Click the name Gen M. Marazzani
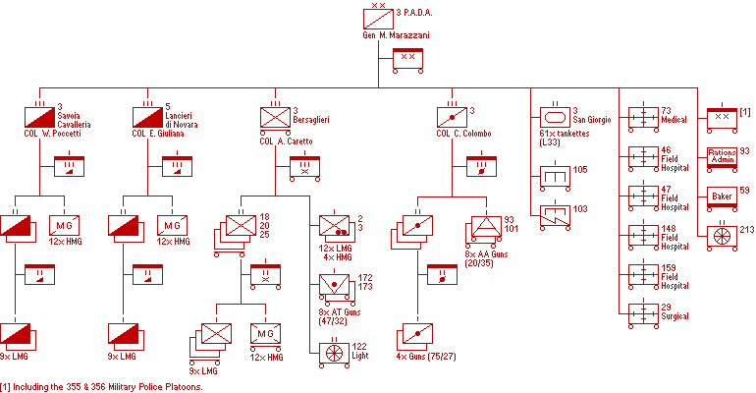396,35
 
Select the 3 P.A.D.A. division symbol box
378,19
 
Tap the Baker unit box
722,196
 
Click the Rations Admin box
722,157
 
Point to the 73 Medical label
674,115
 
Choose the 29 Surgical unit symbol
644,314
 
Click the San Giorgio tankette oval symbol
556,118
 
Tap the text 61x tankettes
565,134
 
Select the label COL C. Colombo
463,134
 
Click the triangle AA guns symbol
486,226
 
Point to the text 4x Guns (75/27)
426,357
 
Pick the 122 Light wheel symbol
334,353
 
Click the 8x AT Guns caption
340,316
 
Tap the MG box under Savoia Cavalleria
64,226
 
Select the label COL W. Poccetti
53,134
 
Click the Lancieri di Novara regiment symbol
147,118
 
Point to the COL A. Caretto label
286,141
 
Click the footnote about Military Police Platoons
101,387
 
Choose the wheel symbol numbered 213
722,236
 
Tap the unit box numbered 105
556,177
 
